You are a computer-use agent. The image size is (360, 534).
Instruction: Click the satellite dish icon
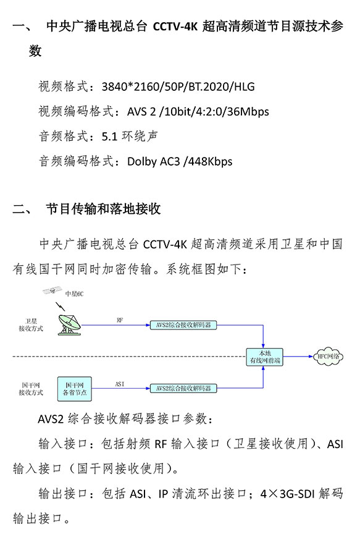tap(69, 325)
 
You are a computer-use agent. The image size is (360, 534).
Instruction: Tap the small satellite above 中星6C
tap(52, 290)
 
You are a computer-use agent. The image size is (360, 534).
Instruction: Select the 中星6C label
tap(74, 294)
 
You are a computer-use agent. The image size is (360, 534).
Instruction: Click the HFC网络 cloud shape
tap(328, 357)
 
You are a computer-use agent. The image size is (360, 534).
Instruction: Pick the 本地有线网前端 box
tap(265, 357)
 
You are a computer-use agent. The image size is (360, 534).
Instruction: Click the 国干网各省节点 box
tap(75, 389)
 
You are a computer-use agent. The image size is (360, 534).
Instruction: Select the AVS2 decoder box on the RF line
tap(183, 325)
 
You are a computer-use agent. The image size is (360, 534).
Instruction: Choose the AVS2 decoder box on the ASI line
tap(183, 388)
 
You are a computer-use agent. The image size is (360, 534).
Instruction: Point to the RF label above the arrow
tap(120, 320)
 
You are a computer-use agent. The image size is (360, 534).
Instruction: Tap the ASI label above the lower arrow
tap(120, 384)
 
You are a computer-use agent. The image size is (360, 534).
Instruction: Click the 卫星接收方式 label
tap(31, 325)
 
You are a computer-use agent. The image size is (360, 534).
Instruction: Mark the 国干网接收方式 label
tap(31, 389)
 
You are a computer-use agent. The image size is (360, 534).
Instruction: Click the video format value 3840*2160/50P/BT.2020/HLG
tap(178, 87)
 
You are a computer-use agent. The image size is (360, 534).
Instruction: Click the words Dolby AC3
tap(154, 161)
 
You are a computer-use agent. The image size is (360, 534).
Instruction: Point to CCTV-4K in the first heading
tap(175, 26)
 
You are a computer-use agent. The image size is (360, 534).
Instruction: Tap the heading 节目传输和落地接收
tap(104, 209)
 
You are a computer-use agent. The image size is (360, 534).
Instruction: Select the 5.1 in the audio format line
tap(109, 137)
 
